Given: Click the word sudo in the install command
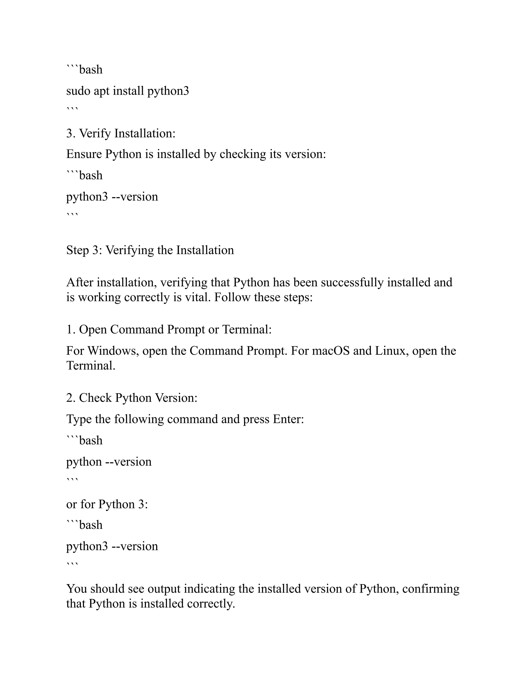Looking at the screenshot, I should click(x=78, y=91).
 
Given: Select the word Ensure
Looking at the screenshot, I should click(x=84, y=154).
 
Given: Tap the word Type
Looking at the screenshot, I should click(x=79, y=419).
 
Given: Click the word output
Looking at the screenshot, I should click(x=164, y=589).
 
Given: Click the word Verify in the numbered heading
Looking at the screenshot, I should click(x=95, y=133).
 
